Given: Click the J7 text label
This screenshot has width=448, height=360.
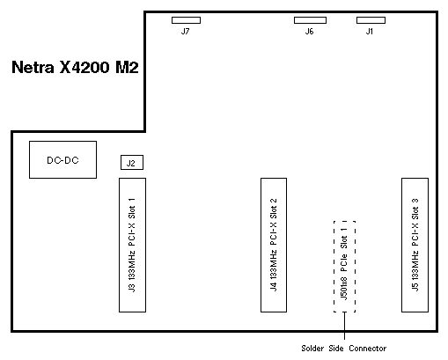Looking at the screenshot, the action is click(x=186, y=31).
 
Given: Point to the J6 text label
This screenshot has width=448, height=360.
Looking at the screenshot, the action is click(x=309, y=31).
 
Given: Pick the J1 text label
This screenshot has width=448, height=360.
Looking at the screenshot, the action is click(x=370, y=31).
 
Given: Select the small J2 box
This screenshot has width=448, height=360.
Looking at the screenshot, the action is click(x=132, y=163).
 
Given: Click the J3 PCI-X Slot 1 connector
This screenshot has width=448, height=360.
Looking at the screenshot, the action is click(x=132, y=245).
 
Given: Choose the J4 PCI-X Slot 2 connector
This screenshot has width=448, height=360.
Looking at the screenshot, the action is click(x=274, y=245).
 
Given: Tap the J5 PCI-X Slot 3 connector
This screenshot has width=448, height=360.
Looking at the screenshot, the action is click(x=415, y=245).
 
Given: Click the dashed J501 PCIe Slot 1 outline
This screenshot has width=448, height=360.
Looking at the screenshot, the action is click(x=334, y=267).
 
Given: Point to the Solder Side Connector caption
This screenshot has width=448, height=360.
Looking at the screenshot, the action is click(x=344, y=349).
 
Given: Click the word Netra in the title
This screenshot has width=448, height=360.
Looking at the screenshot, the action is click(x=33, y=67).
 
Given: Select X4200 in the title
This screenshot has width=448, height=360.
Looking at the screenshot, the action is click(x=84, y=67).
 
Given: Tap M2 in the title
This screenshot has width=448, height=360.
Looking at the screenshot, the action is click(x=127, y=67).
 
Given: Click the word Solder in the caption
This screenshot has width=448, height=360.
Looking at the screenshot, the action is click(x=312, y=349).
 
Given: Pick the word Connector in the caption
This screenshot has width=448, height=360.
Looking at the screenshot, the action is click(x=368, y=349).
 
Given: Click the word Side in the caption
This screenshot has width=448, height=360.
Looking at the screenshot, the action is click(x=336, y=349).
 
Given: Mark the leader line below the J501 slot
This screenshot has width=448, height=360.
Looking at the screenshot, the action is click(x=344, y=326).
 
